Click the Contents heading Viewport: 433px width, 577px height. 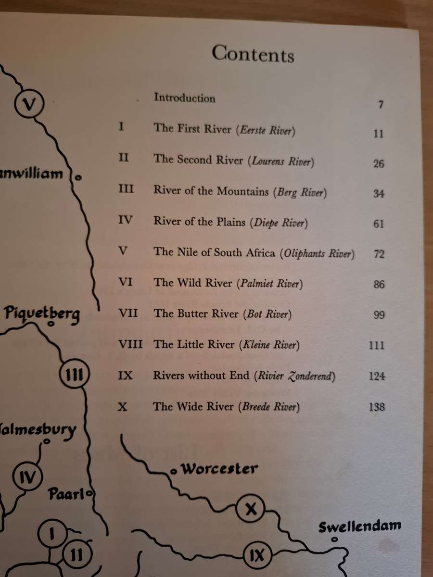[x=253, y=53]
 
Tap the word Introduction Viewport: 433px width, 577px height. [x=184, y=98]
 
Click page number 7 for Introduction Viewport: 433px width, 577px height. [x=380, y=104]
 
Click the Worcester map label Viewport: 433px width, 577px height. [x=219, y=469]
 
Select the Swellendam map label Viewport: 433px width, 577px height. [x=359, y=526]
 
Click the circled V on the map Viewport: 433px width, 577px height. [x=29, y=103]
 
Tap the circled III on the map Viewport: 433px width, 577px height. [x=74, y=374]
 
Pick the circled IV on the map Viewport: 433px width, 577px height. [x=26, y=477]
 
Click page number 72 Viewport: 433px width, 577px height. [x=378, y=254]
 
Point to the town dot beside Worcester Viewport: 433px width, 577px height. [x=173, y=472]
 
